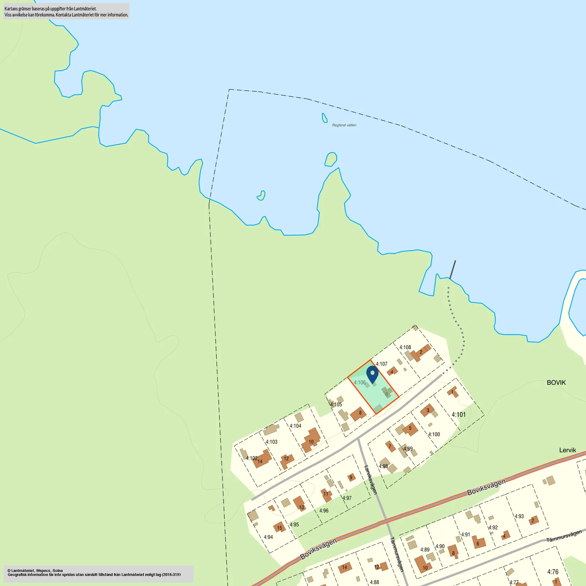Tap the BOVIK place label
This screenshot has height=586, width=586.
(556, 382)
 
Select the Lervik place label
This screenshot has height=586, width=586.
(568, 450)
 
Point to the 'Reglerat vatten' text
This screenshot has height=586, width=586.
(344, 125)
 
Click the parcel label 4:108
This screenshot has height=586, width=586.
(405, 347)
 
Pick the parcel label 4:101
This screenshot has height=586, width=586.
(458, 414)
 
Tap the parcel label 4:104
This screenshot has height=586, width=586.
(295, 426)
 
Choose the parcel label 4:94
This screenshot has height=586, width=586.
(268, 537)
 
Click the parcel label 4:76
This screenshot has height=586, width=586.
(553, 572)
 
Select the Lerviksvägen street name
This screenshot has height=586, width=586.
(370, 480)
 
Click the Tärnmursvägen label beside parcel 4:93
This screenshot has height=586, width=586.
(564, 536)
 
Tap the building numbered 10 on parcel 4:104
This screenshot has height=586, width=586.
(311, 441)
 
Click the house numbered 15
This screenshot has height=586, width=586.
(279, 527)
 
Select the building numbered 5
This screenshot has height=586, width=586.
(410, 429)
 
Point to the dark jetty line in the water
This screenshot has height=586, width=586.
(452, 270)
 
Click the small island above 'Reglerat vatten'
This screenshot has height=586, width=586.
(324, 118)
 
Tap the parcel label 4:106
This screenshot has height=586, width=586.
(359, 382)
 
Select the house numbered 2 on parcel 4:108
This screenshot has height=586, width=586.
(421, 352)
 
